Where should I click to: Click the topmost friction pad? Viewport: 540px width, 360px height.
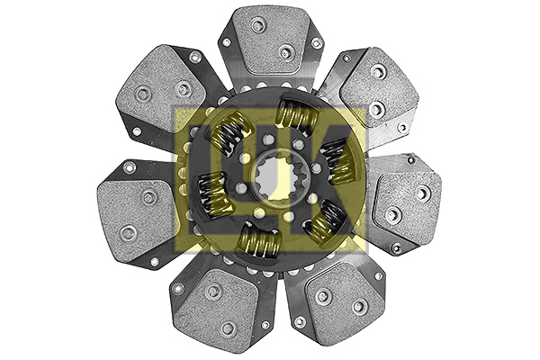coord(270,40)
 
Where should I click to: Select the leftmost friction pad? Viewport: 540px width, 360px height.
coord(135,207)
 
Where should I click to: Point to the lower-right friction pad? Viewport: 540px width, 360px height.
coord(333,301)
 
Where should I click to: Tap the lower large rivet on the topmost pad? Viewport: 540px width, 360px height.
coord(286,52)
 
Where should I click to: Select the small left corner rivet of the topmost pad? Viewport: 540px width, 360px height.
coord(225,41)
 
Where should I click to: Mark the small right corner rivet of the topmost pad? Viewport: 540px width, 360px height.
coord(316,42)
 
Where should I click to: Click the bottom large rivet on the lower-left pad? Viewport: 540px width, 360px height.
coord(229,328)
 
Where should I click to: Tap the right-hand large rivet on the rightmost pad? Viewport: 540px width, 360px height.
coord(423,192)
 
